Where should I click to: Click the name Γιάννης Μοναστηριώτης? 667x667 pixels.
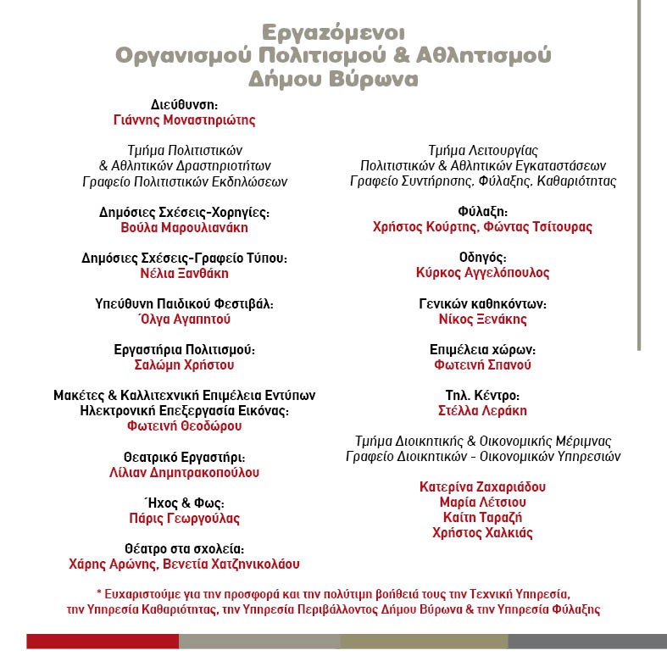(184, 120)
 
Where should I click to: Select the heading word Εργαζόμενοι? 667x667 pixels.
(333, 32)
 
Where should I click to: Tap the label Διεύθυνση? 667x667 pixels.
(184, 104)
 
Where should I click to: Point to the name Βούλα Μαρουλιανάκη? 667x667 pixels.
(184, 227)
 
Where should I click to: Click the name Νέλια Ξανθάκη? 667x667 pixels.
(184, 273)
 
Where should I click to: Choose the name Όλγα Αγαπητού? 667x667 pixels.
(184, 319)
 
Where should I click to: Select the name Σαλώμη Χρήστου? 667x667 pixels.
(184, 364)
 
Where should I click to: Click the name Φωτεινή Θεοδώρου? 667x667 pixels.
(184, 426)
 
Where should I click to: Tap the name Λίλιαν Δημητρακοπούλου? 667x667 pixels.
(184, 472)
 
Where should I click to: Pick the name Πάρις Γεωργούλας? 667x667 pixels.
(184, 518)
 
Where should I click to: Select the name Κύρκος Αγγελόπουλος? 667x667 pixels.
(482, 273)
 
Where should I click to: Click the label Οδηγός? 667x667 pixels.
(482, 257)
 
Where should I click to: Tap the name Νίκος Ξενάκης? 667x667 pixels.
(482, 319)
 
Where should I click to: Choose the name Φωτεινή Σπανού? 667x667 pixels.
(482, 364)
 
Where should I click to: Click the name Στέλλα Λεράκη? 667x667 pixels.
(482, 410)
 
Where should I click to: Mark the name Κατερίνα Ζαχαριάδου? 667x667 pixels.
(482, 486)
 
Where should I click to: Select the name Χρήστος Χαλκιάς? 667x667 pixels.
(482, 532)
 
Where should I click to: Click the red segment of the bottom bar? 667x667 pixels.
(102, 641)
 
